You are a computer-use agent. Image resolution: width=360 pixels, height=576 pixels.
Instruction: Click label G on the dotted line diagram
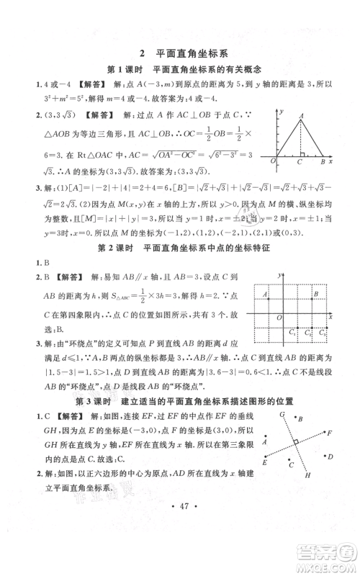point(282,415)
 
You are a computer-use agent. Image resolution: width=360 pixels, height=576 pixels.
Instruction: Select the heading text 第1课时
point(125,69)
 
